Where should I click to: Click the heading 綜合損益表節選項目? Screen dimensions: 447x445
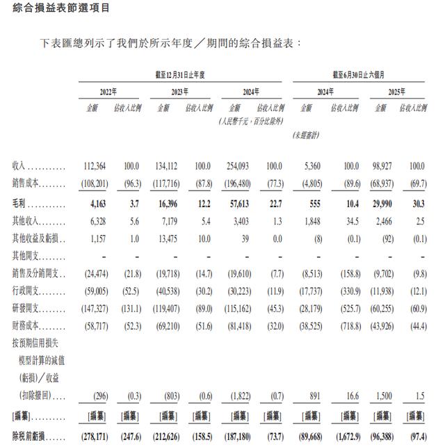click(49, 8)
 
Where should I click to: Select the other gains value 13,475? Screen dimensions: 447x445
click(175, 237)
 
